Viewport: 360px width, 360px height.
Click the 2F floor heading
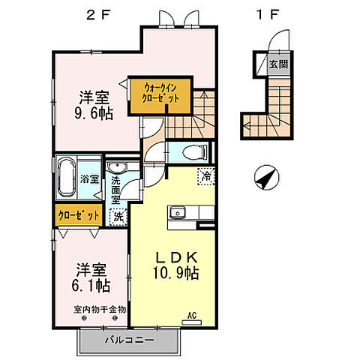click(98, 15)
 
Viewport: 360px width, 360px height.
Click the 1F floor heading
click(267, 15)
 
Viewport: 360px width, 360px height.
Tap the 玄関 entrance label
click(278, 64)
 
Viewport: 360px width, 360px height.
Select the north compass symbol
click(267, 178)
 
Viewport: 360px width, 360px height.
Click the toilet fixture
click(195, 152)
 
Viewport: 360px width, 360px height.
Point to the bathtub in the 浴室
click(66, 178)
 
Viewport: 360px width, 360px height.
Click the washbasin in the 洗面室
click(118, 167)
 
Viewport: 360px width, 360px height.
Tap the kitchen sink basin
click(178, 213)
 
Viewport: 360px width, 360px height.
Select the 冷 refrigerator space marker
click(206, 176)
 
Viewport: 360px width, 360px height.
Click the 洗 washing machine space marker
click(118, 217)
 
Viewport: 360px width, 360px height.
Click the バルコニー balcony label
click(129, 340)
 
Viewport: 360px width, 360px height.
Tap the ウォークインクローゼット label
click(160, 94)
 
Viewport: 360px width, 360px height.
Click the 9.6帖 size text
click(94, 114)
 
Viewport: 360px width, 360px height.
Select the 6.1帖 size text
click(91, 286)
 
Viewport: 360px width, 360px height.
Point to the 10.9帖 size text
click(176, 273)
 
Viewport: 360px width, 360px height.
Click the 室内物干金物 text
click(100, 310)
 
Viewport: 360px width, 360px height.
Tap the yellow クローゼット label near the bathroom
click(79, 215)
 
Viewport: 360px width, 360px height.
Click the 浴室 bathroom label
click(89, 179)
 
